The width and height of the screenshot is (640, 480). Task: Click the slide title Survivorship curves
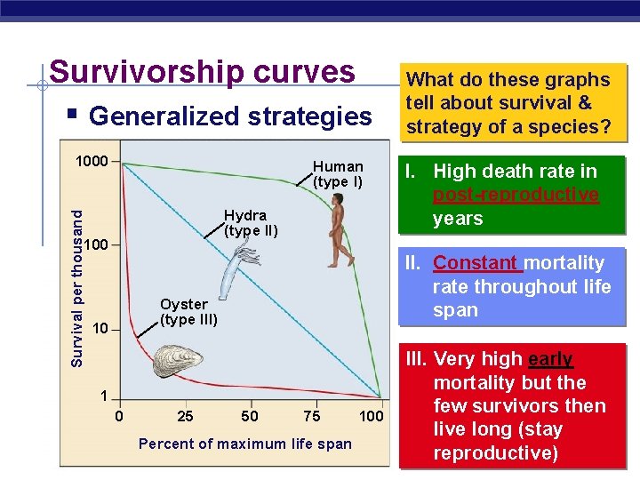point(202,72)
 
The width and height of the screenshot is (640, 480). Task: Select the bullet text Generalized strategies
point(230,116)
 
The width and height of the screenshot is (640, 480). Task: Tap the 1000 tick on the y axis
point(92,162)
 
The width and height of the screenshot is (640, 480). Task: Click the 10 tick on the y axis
point(100,329)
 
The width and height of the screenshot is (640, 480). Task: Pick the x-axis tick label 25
point(185,416)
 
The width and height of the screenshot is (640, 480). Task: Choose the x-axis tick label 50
point(251,416)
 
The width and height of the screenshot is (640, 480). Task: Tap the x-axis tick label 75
point(312,416)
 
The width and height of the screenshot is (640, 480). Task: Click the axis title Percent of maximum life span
point(245,444)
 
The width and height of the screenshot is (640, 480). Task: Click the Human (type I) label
point(338,174)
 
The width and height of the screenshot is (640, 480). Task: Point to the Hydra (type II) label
point(251,223)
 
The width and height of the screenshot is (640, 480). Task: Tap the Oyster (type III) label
point(188,312)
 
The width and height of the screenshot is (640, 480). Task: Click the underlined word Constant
point(476,263)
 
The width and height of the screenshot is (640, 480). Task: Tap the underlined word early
point(550,359)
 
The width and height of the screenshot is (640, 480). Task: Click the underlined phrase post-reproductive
point(515,195)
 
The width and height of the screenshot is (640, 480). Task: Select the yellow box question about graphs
point(508,103)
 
